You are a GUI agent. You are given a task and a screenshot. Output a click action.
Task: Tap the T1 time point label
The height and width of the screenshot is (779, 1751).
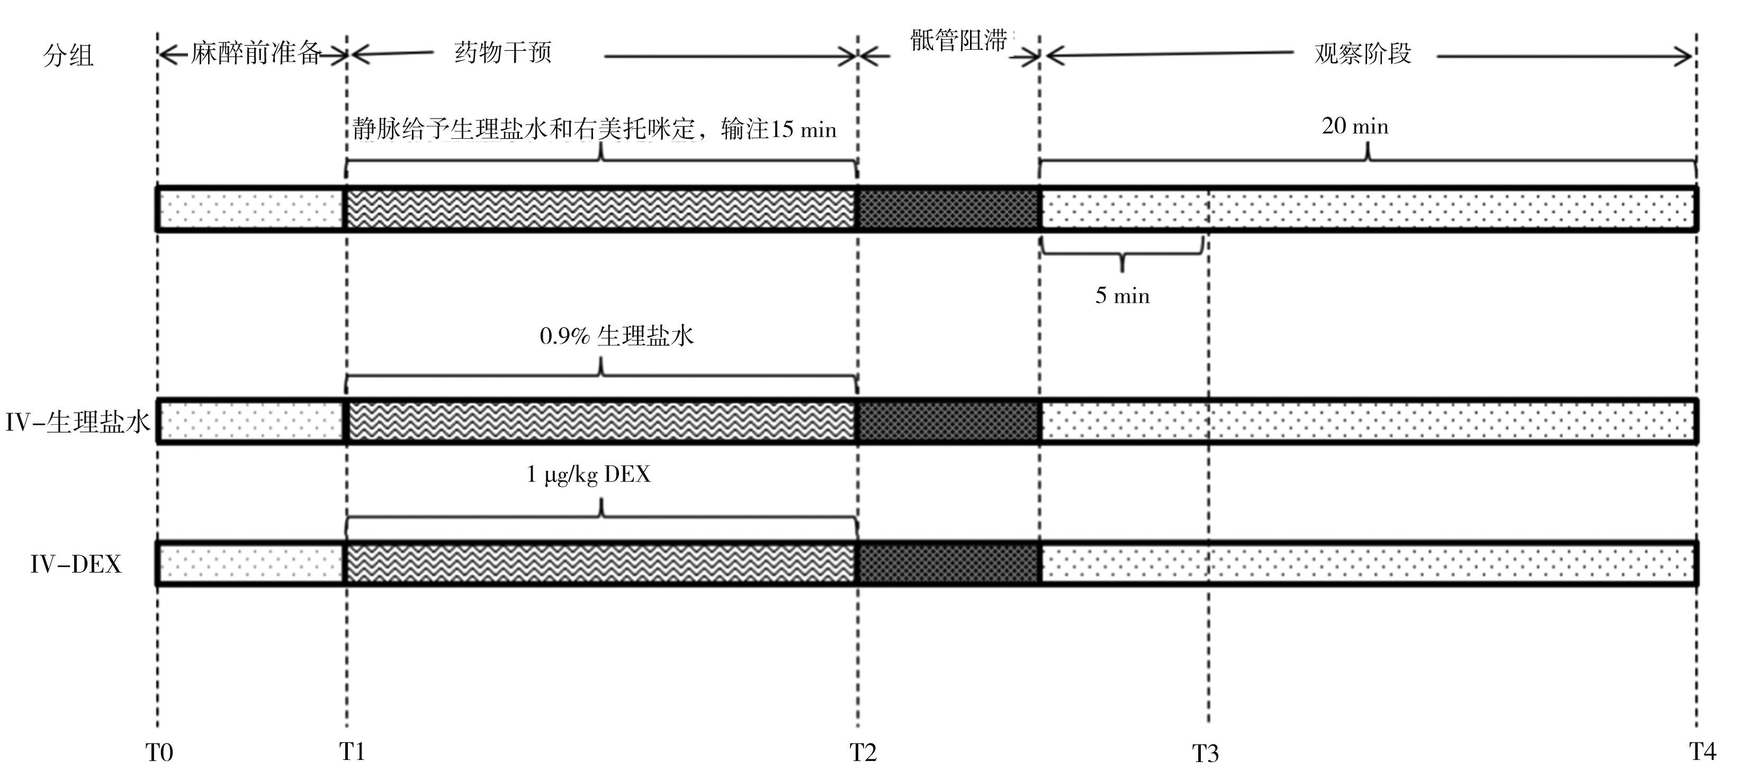coord(352,751)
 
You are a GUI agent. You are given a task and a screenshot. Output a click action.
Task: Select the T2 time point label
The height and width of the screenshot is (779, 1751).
coord(863,753)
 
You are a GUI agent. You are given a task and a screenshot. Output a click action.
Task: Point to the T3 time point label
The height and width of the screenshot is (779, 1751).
coord(1205,753)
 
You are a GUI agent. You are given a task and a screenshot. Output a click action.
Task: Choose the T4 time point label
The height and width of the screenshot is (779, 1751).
coord(1703,751)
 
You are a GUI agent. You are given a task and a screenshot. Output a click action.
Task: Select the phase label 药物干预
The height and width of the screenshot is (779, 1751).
coord(503,52)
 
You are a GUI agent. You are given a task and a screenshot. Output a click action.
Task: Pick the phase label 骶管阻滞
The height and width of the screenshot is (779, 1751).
coord(958,41)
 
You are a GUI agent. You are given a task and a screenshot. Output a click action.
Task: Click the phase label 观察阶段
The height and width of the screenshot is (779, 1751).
coord(1363,53)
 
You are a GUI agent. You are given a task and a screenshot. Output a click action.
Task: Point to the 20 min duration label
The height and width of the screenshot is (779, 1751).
coord(1355,127)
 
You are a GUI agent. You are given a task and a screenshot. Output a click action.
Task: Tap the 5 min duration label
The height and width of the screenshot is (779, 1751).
coord(1123,296)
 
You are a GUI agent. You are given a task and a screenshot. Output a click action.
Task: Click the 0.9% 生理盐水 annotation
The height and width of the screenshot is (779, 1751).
coord(616,336)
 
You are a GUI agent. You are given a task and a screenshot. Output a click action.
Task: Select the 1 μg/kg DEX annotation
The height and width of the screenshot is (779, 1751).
coord(589,474)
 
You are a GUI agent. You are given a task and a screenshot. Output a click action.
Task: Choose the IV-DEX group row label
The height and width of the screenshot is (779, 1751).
coord(75,564)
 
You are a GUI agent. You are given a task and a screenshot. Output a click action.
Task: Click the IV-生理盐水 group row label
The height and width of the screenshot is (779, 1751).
coord(77,422)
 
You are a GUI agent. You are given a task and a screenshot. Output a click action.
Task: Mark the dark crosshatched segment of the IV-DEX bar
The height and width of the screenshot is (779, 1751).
coord(948,563)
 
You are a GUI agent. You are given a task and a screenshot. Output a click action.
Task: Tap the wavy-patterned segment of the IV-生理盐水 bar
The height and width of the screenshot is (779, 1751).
coord(601,422)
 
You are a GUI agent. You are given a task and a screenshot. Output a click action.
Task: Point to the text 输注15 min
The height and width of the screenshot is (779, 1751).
coord(778,129)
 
